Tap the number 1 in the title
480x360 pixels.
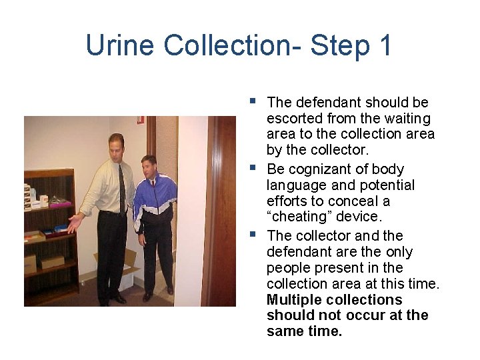pyautogui.click(x=385, y=45)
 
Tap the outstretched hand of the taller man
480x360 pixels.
pyautogui.click(x=73, y=223)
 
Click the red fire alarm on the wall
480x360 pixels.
pyautogui.click(x=140, y=119)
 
